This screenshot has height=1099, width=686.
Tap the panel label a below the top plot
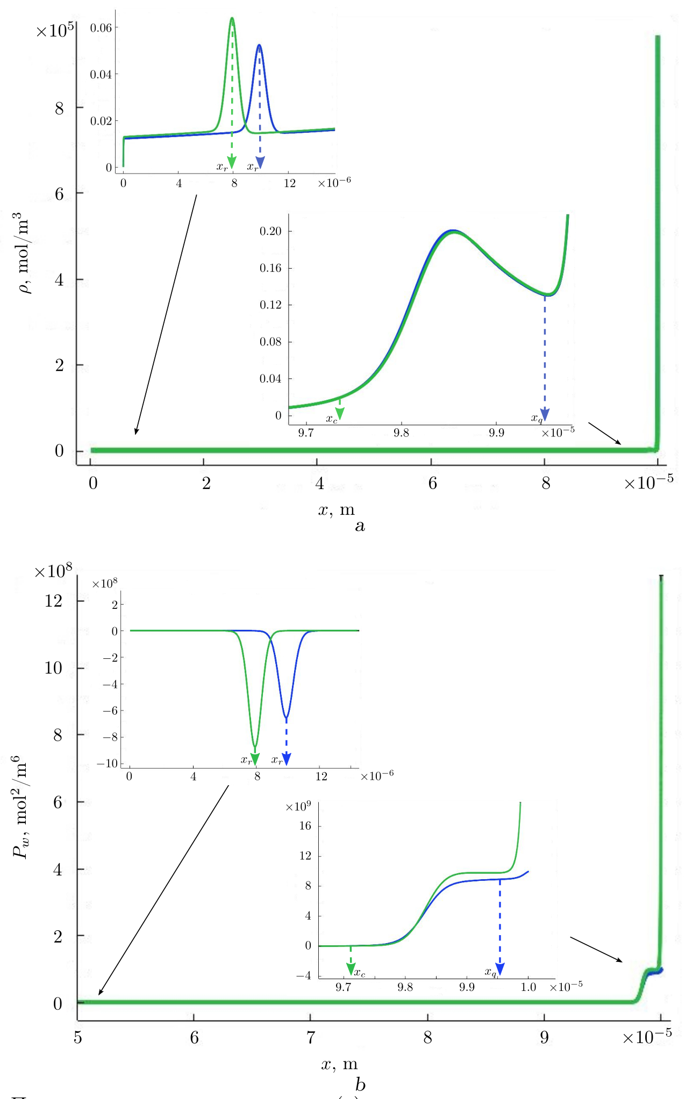[x=360, y=526]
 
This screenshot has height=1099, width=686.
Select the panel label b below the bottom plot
[x=360, y=1084]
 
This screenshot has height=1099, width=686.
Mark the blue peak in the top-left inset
[x=259, y=46]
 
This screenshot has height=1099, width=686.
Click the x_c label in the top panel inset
[x=332, y=418]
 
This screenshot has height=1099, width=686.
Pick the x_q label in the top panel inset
[x=537, y=418]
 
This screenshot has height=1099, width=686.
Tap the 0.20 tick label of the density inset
[x=270, y=231]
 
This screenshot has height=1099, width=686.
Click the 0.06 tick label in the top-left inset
[x=101, y=27]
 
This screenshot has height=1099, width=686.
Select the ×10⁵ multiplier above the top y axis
[x=55, y=30]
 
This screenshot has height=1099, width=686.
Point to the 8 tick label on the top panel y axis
[x=59, y=109]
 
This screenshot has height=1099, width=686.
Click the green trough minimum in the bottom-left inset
[x=255, y=746]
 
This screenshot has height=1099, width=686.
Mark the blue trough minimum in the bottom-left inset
[x=287, y=717]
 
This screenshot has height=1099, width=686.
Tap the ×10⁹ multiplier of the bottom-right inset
[x=298, y=806]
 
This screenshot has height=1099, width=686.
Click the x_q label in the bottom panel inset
[x=490, y=972]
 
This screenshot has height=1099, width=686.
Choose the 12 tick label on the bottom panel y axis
[x=53, y=601]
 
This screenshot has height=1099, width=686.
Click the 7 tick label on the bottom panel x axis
[x=311, y=1037]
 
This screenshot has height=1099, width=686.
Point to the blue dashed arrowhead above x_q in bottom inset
[x=500, y=968]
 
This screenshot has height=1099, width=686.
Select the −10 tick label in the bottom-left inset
[x=107, y=763]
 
